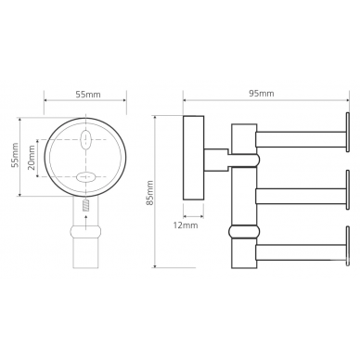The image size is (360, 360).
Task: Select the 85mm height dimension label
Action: (x=149, y=193)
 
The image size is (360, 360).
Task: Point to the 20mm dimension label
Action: (x=32, y=161)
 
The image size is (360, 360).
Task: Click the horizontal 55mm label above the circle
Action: (x=88, y=94)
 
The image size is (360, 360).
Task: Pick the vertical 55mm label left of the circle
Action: (x=14, y=155)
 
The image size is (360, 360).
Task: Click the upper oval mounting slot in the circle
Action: (x=85, y=139)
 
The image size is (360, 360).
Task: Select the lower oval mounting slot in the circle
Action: (x=85, y=177)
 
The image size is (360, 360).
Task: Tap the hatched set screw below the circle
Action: (x=85, y=205)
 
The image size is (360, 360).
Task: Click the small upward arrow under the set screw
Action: (x=85, y=222)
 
